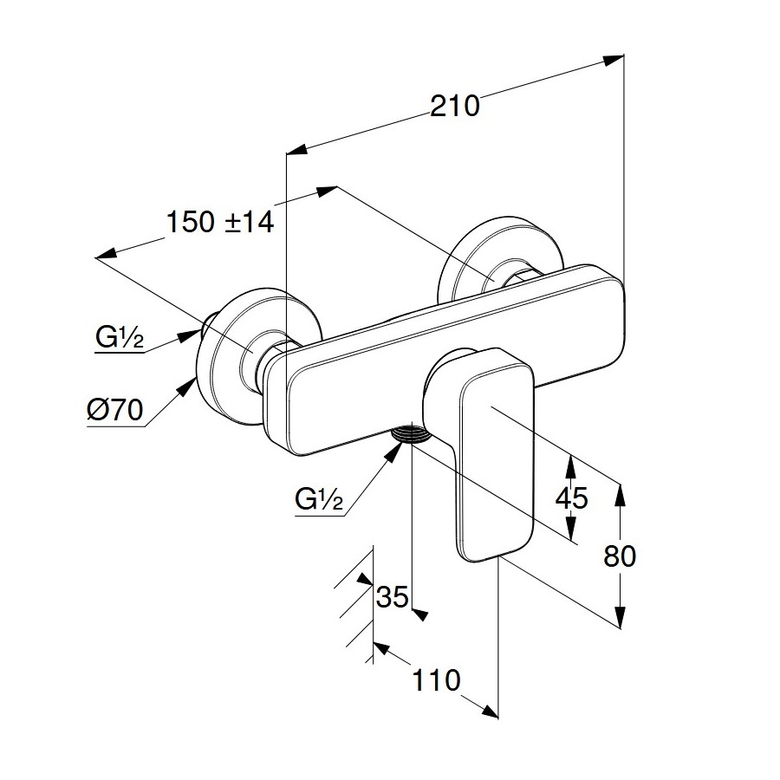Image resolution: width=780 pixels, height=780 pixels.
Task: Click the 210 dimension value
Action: point(455,106)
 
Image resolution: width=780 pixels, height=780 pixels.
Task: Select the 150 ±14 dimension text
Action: point(220,223)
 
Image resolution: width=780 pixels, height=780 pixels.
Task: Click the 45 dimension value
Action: point(570,498)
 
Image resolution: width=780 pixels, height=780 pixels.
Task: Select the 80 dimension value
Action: point(619,556)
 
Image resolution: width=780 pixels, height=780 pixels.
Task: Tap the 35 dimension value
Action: point(393,597)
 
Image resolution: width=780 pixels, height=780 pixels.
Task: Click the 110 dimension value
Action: point(437,680)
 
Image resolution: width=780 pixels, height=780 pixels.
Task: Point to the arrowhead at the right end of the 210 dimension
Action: point(614,60)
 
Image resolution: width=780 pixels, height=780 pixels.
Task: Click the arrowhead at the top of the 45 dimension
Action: point(570,464)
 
